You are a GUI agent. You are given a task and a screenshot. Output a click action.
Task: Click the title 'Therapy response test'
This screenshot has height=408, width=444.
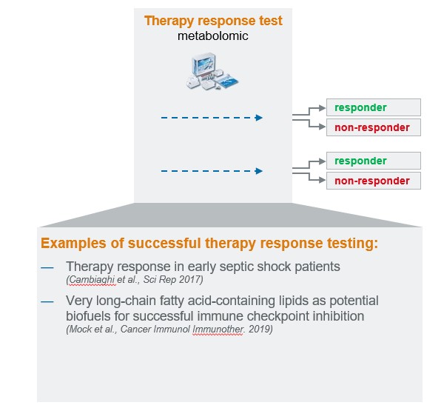(212, 20)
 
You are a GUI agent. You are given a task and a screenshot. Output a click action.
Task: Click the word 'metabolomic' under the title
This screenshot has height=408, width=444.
(212, 36)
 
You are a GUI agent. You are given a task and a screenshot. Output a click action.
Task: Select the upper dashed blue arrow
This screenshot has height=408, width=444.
(212, 117)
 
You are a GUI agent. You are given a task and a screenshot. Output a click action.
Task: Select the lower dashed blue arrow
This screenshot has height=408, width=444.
(212, 171)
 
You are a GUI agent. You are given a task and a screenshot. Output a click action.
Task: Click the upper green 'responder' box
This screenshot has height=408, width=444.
(373, 107)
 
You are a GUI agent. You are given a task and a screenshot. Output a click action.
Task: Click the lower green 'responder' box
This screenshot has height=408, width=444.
(373, 161)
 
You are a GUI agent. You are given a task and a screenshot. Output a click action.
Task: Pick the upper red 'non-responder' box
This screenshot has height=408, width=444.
(373, 127)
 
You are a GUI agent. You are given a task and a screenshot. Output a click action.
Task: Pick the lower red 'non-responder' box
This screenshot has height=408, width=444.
(373, 180)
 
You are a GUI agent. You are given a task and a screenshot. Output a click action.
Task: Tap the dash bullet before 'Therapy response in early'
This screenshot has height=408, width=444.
(47, 266)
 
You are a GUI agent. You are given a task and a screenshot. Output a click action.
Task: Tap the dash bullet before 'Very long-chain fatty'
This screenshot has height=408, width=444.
(47, 301)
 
